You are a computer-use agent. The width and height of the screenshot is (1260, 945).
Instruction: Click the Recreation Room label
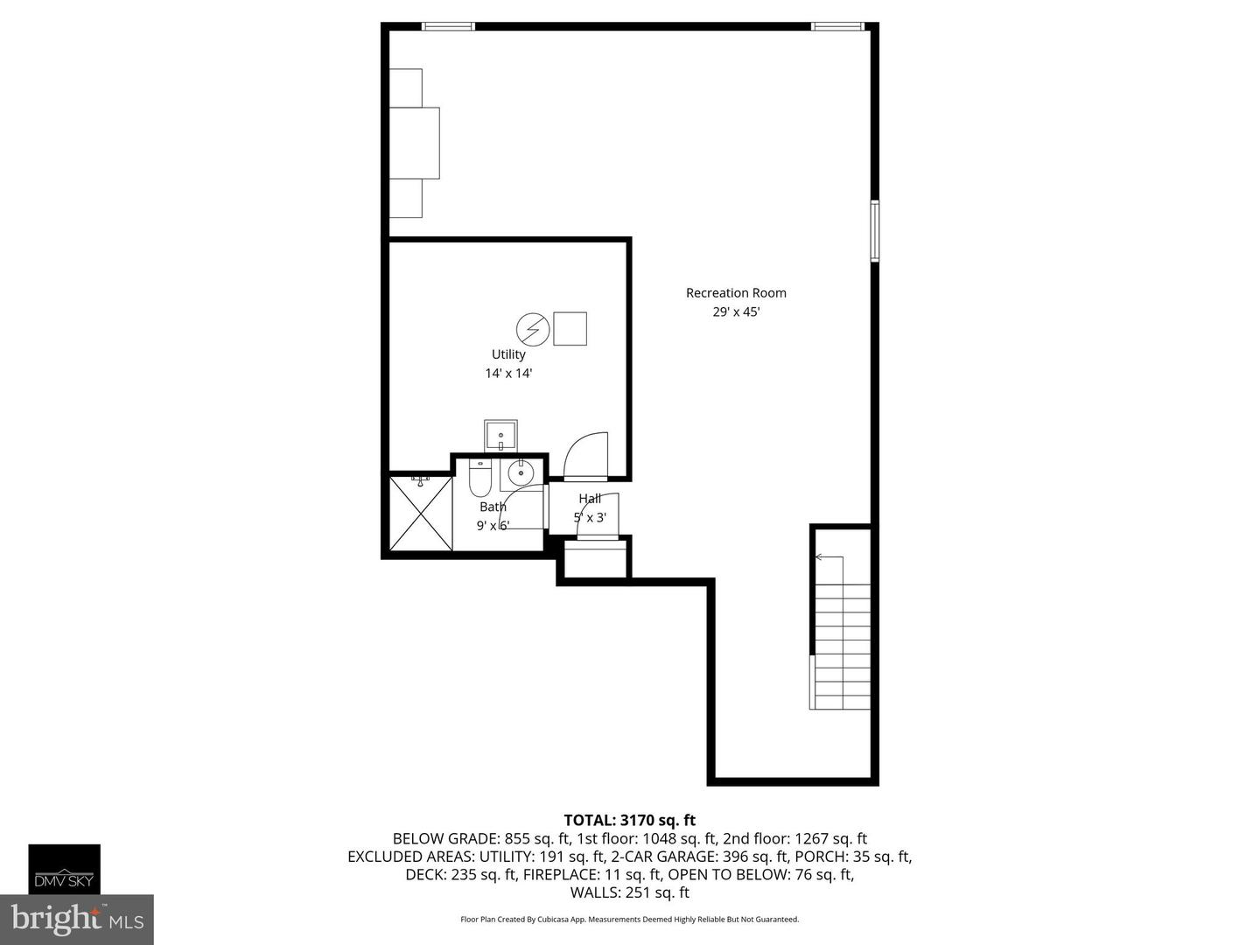point(736,293)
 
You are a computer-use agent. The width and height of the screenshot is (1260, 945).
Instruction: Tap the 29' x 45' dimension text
point(736,312)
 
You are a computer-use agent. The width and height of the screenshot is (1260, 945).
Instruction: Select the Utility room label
point(508,354)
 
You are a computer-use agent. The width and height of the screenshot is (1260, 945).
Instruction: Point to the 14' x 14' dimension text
point(508,374)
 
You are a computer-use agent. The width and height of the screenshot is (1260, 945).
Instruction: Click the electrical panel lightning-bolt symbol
point(532,329)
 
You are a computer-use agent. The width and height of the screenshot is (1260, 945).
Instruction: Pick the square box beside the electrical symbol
point(570,328)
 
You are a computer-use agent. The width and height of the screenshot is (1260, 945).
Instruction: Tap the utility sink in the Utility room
point(500,435)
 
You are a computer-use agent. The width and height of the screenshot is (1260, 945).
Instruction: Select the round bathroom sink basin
point(521,473)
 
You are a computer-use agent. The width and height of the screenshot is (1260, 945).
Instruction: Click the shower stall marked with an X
point(420,513)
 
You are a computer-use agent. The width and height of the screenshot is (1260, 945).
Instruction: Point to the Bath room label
point(493,507)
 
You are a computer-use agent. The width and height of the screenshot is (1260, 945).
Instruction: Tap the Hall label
point(590,499)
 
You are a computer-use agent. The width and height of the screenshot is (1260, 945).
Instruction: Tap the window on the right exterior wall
point(874,231)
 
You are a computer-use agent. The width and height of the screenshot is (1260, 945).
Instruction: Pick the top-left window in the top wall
point(448,26)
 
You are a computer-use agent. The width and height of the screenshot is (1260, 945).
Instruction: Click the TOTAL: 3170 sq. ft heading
point(629,820)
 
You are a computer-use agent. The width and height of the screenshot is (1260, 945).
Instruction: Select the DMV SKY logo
point(64,869)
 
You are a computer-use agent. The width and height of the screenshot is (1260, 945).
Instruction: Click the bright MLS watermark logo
point(77,920)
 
